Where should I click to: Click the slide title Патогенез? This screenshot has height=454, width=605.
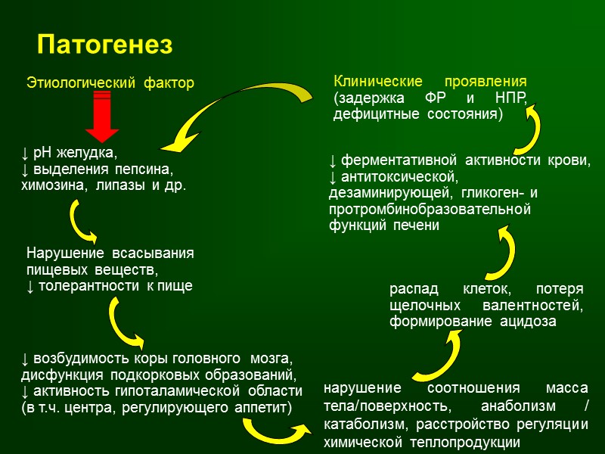point(104,45)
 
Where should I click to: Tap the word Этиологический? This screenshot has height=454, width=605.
point(72,82)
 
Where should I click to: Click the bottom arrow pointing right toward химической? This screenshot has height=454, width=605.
point(276,432)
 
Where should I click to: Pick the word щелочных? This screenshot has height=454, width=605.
point(426,306)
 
